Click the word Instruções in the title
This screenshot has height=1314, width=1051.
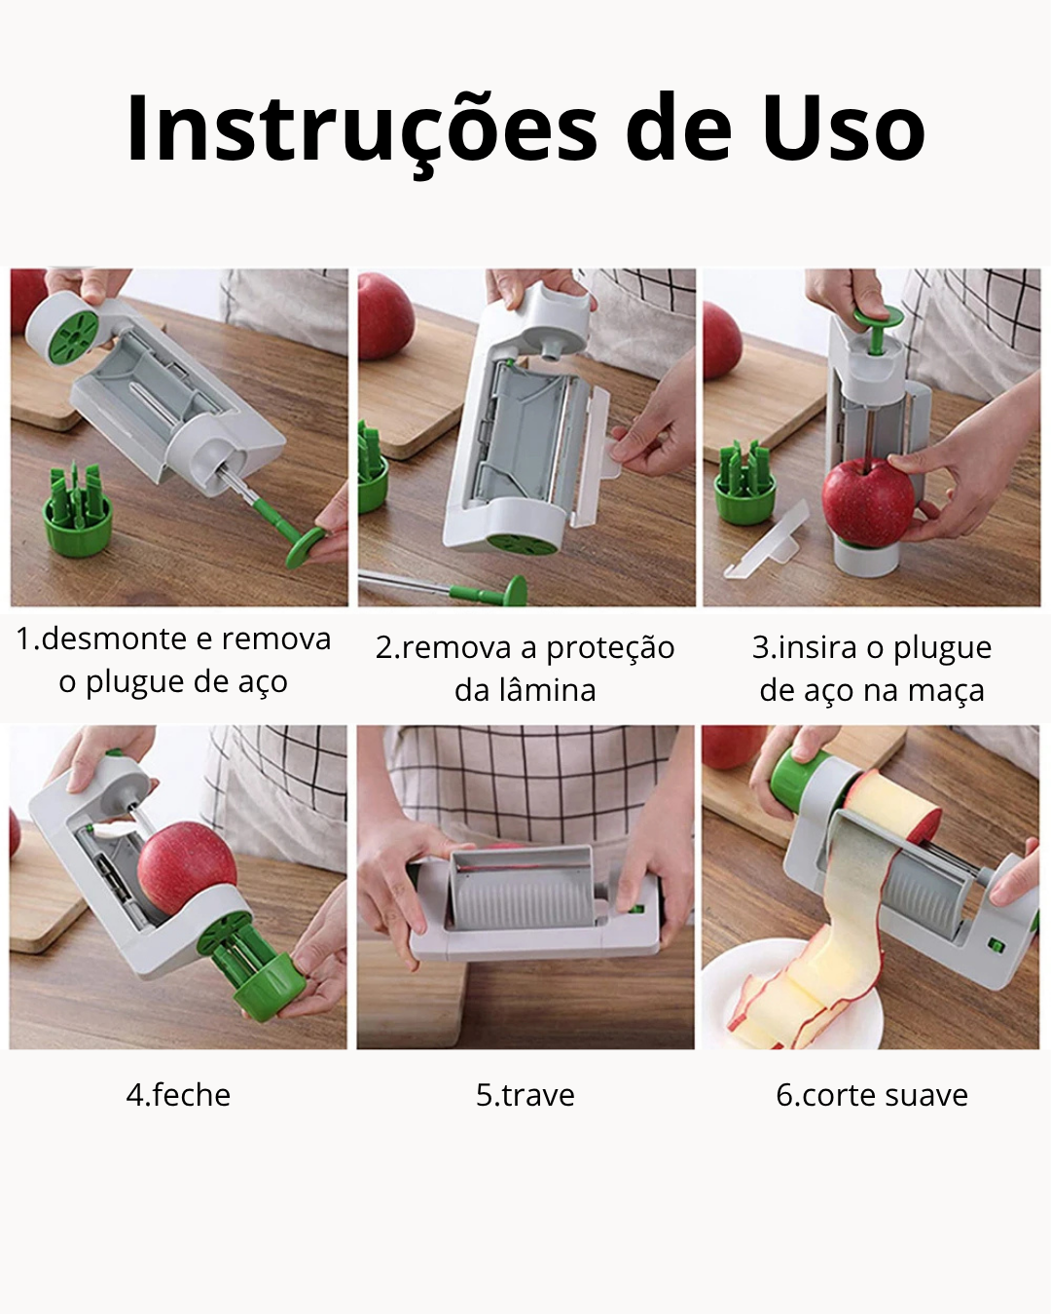click(361, 130)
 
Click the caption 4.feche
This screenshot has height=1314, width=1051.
click(178, 1094)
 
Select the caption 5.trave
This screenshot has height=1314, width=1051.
click(525, 1094)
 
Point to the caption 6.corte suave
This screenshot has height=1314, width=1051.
click(872, 1094)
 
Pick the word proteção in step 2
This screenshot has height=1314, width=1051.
click(610, 649)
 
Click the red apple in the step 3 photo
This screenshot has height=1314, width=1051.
click(868, 502)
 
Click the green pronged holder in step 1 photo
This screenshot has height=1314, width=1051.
click(78, 510)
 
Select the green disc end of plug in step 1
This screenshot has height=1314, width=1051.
click(306, 548)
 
